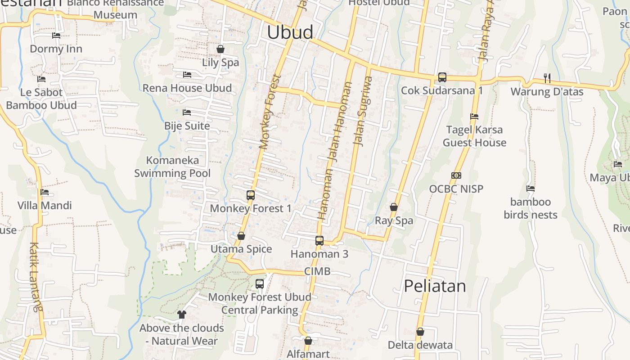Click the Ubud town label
290,32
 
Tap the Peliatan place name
435,286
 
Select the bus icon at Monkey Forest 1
251,195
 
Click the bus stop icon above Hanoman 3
319,240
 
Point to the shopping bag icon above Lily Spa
220,49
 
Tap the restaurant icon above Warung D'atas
547,78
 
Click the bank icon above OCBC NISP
456,175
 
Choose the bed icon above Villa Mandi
45,192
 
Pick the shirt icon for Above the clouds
182,314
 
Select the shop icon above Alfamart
308,341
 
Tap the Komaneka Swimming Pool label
172,166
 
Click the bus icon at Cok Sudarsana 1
442,77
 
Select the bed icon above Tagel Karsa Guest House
474,117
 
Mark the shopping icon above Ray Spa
394,207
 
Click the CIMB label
317,271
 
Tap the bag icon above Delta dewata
420,332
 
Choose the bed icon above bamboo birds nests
531,189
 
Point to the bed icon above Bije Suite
187,112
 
